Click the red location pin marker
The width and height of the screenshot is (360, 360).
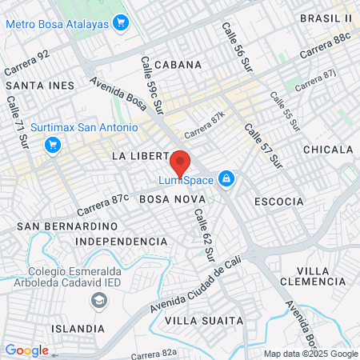click(180, 162)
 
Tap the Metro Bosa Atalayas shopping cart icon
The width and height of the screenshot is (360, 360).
click(122, 22)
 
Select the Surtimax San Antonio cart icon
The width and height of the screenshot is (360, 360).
click(54, 145)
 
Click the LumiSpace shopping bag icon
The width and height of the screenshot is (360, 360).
click(226, 178)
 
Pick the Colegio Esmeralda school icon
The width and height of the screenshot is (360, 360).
click(99, 301)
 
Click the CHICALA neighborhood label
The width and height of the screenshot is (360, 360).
click(328, 150)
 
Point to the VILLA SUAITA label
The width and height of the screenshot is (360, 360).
click(203, 320)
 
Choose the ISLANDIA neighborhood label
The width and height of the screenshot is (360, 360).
click(77, 329)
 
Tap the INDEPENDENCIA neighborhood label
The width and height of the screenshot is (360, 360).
click(121, 241)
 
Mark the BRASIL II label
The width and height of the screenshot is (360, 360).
click(326, 18)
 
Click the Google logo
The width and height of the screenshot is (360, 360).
click(26, 350)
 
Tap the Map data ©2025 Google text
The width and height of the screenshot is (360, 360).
click(310, 354)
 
